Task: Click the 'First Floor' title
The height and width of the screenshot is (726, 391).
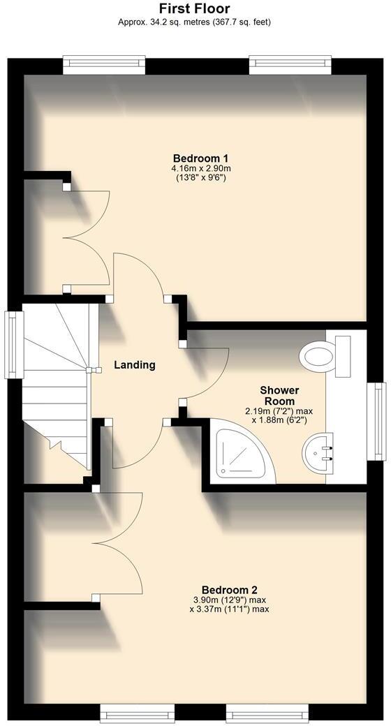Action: [195, 8]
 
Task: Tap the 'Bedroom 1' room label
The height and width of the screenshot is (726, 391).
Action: [200, 158]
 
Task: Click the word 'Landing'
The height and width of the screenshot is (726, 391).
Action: [135, 365]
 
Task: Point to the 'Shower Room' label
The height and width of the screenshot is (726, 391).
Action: [279, 396]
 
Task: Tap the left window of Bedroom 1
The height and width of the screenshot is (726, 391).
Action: [104, 65]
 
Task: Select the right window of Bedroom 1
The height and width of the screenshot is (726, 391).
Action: [290, 65]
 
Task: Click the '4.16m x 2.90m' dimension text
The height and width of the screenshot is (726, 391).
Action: [200, 168]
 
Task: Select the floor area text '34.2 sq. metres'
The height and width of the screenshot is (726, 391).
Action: [171, 22]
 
